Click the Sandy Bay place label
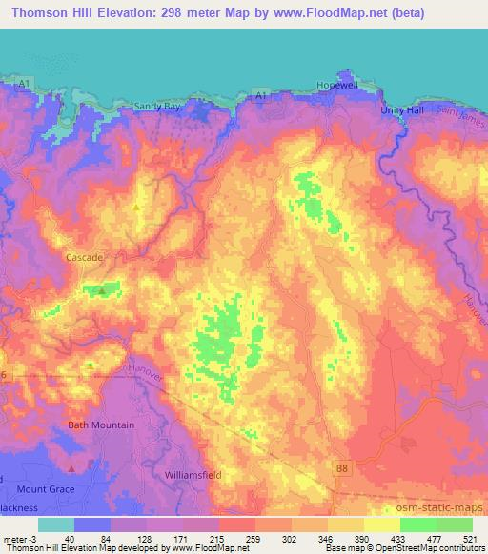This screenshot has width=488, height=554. (x=157, y=107)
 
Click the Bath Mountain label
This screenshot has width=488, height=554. (x=101, y=425)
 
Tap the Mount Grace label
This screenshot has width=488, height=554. (x=45, y=488)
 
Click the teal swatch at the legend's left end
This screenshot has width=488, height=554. (x=56, y=524)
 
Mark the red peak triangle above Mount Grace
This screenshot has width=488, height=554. (x=71, y=468)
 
